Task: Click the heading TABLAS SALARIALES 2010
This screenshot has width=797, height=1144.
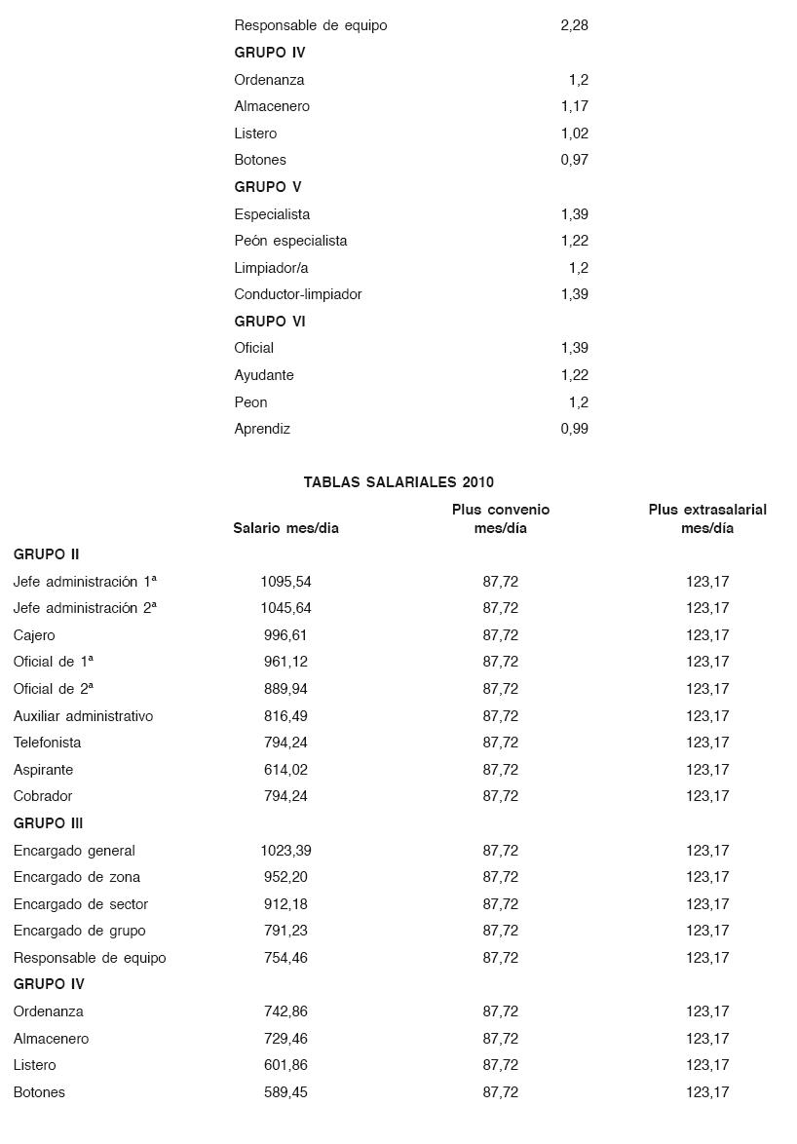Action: tap(398, 482)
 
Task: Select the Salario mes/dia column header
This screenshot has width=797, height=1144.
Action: tap(285, 528)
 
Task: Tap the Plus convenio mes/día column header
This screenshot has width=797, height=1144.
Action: tap(500, 518)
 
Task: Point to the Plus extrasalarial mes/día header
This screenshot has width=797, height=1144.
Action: tap(707, 518)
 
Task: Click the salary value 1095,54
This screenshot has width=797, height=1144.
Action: tap(285, 582)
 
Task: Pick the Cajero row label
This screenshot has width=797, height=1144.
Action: tap(34, 635)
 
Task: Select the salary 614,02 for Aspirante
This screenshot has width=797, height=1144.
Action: tap(285, 770)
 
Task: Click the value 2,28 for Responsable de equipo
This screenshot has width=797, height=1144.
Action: tap(574, 25)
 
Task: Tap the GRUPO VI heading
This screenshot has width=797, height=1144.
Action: tap(269, 322)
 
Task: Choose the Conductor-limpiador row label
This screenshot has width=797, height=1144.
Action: tap(298, 294)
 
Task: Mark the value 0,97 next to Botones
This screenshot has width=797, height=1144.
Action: tap(574, 160)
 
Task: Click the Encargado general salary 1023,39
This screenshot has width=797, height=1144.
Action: tap(285, 851)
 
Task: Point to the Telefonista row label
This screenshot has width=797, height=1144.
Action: tap(48, 743)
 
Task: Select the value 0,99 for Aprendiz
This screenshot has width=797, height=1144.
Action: tap(574, 429)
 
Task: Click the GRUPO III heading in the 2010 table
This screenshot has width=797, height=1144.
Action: tap(48, 823)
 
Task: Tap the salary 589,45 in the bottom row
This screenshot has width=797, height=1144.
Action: tap(285, 1092)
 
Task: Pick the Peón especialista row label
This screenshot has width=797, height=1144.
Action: tap(290, 241)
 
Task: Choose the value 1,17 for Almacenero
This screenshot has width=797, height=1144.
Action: tap(574, 106)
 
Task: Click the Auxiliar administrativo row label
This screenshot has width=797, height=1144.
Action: tap(83, 716)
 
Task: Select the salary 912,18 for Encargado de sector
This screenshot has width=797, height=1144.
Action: tap(285, 904)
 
